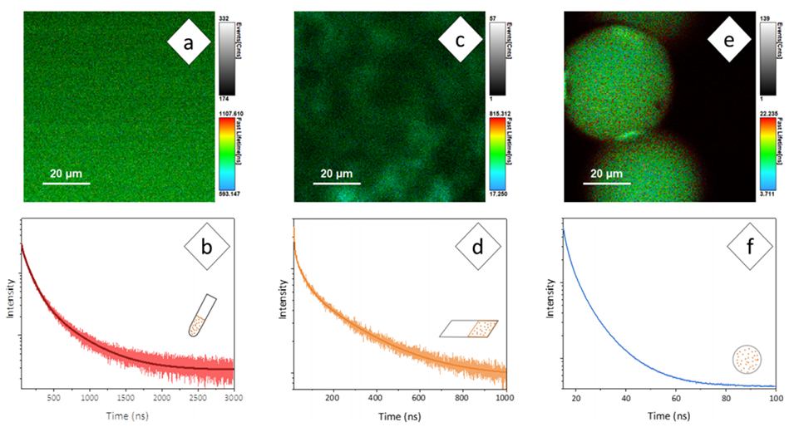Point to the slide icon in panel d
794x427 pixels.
pos(470,329)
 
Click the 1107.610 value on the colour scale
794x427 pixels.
pos(232,111)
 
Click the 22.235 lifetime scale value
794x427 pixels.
pos(771,111)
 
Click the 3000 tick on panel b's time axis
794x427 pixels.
pos(234,399)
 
